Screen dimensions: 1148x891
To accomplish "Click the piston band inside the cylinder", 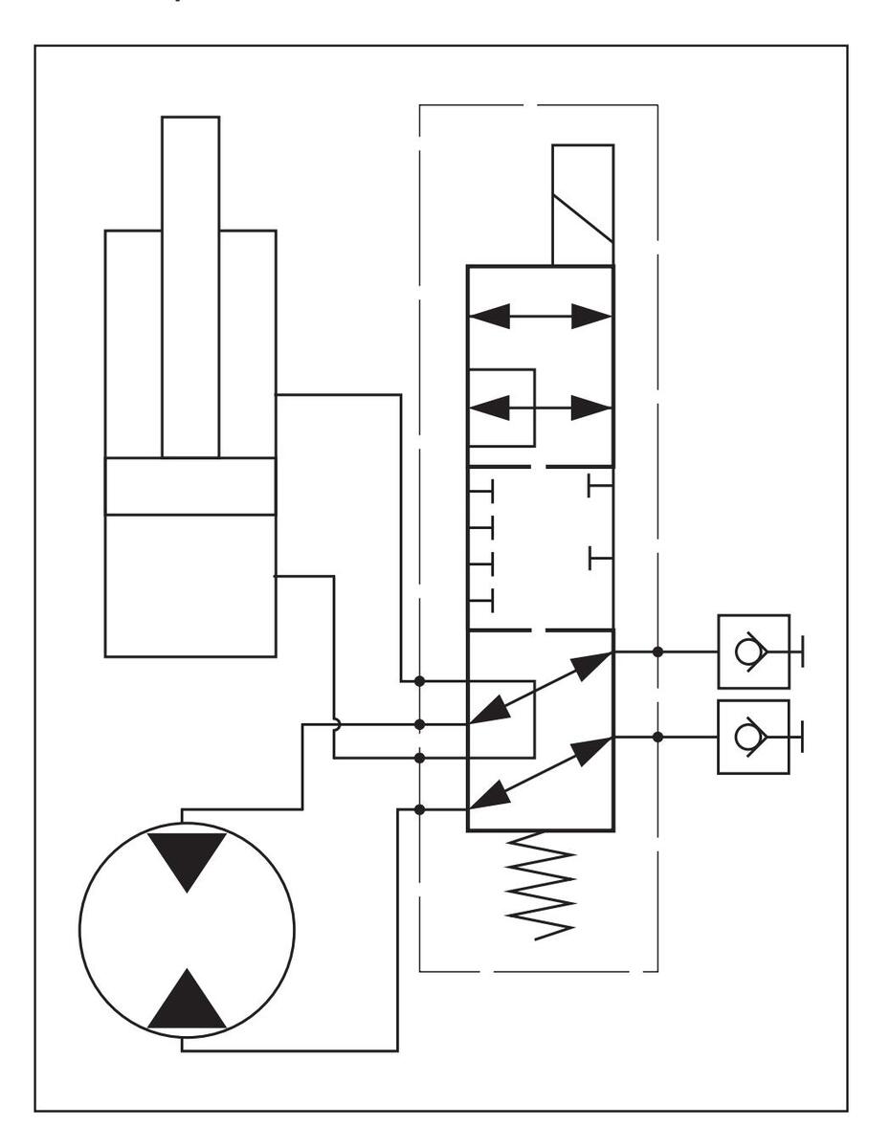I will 189,486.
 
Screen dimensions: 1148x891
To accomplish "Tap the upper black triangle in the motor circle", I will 188,859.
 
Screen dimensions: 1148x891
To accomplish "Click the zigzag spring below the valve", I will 542,886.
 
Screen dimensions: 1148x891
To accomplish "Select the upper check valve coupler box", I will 753,651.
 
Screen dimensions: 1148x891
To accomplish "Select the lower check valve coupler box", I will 753,737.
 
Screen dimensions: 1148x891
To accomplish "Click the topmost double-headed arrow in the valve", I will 540,317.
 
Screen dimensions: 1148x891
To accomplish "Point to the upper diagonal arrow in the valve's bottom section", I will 541,687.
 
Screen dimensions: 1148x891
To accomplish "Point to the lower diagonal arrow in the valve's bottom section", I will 541,772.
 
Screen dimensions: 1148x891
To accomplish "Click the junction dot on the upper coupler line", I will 657,651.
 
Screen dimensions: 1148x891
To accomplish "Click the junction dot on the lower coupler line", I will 657,737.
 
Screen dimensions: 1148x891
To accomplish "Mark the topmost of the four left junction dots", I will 419,681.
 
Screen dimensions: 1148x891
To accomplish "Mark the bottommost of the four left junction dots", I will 419,809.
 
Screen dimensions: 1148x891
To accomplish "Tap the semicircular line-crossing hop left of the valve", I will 336,724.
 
